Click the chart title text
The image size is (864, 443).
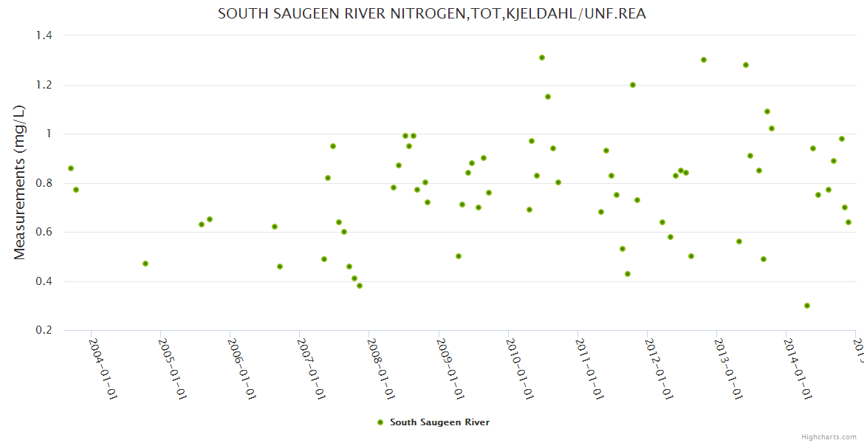432,14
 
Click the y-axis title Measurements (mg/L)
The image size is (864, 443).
20,182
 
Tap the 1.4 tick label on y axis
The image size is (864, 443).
45,35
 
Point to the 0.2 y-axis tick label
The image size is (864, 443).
45,331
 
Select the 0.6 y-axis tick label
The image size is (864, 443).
45,233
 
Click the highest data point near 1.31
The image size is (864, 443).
542,58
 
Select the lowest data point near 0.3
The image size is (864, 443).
807,306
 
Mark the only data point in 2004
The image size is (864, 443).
145,264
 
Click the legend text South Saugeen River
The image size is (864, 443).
439,422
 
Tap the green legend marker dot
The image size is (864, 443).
380,422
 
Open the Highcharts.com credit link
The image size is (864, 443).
829,436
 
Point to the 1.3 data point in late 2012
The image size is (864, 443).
704,60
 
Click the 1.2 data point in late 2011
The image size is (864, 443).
633,85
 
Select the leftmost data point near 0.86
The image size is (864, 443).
71,168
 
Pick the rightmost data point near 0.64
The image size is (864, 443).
848,222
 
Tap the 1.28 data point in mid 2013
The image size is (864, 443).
746,65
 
